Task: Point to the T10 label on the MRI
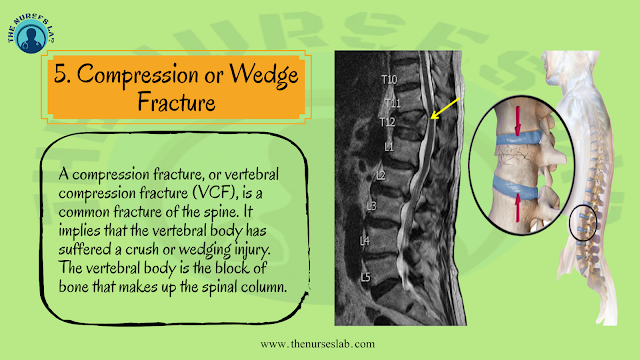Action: pos(388,79)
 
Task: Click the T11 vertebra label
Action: pos(393,102)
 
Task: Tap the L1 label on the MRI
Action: pos(389,146)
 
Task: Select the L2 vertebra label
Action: pos(380,175)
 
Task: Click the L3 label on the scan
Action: pos(372,206)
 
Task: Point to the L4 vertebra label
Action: pos(365,241)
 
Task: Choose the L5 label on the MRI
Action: pos(365,276)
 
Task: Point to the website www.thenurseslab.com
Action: pos(319,344)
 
